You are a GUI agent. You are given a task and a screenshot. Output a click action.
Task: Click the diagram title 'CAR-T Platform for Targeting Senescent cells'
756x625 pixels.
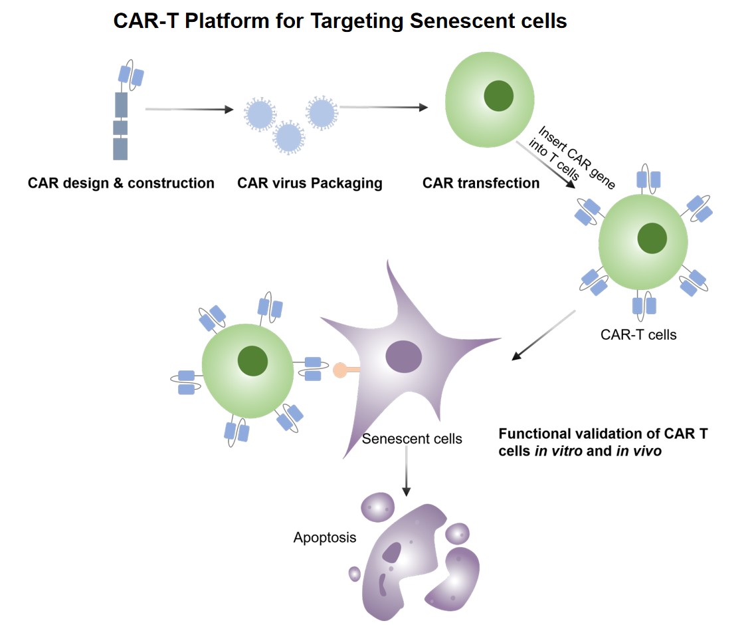[x=340, y=21]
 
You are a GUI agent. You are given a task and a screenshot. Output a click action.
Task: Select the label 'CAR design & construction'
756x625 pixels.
[x=121, y=183]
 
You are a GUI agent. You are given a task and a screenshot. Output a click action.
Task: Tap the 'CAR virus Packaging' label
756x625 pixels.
[x=310, y=183]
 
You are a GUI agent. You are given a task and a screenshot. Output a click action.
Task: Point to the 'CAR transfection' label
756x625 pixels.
[x=481, y=183]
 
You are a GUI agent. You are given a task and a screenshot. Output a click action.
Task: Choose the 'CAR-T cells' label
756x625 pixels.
[x=638, y=334]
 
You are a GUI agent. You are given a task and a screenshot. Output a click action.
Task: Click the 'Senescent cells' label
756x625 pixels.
[x=412, y=439]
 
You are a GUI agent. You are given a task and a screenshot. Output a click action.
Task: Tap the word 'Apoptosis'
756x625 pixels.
[x=325, y=537]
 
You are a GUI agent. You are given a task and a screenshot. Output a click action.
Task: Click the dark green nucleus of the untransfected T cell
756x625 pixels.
[x=498, y=96]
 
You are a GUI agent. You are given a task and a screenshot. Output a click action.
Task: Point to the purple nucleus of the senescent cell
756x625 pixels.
[x=403, y=356]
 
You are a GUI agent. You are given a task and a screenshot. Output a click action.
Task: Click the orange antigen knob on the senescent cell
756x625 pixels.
[x=341, y=369]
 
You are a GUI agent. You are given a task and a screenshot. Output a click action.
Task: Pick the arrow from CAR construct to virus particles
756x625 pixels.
[x=190, y=110]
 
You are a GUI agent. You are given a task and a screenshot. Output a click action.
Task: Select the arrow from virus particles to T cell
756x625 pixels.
[x=383, y=107]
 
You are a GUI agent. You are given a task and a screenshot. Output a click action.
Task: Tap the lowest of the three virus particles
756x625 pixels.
[x=288, y=137]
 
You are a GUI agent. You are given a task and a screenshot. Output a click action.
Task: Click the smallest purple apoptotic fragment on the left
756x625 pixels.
[x=355, y=573]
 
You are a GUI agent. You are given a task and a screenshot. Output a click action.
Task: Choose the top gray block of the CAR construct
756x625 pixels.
[x=121, y=105]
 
